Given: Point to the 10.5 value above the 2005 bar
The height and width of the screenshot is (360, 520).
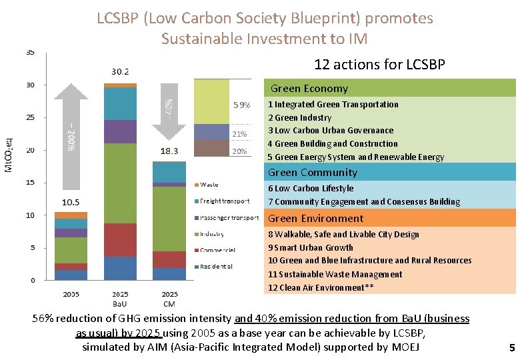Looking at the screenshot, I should tap(71, 202).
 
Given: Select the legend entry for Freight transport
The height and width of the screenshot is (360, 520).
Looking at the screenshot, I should tap(225, 201).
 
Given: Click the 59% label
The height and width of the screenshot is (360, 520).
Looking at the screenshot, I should tap(241, 105).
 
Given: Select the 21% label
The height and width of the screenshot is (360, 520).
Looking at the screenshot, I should tap(239, 135).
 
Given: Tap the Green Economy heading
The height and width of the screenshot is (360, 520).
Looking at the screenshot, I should tap(309, 89).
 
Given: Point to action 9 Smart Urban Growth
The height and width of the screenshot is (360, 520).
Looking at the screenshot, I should tap(311, 247).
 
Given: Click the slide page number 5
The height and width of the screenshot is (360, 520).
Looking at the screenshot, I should tap(511, 347).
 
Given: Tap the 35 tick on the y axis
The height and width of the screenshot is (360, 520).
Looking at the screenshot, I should tap(31, 52).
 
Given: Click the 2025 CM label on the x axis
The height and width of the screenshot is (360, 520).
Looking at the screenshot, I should tap(169, 298).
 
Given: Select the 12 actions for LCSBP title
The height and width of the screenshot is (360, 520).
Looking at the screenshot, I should tap(379, 65).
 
